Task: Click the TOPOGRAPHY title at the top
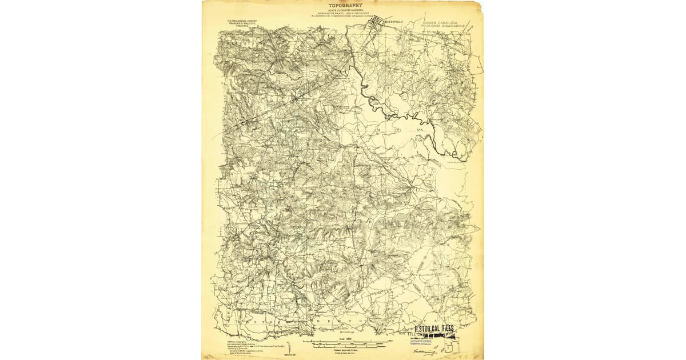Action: tap(345, 5)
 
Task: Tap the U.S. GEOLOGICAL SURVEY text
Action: tap(242, 20)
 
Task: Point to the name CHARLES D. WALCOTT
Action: tap(242, 23)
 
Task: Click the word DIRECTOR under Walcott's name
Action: tap(242, 27)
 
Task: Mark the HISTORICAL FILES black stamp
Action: tap(434, 329)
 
